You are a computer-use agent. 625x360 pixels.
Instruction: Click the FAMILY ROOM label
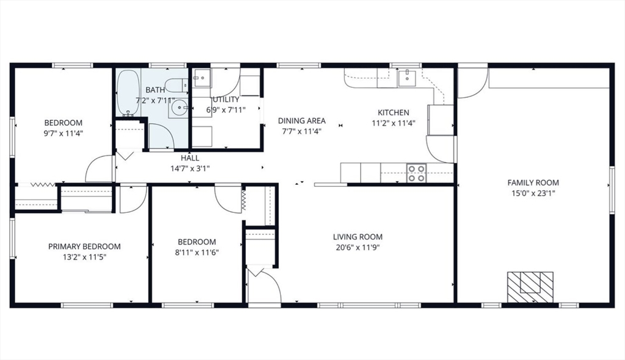point(533,182)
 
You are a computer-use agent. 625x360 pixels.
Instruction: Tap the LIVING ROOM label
point(358,237)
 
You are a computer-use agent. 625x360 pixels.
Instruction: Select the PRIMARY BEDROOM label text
point(84,247)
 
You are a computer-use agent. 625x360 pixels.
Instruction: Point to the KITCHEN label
point(394,112)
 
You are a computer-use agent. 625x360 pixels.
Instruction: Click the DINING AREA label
point(302,120)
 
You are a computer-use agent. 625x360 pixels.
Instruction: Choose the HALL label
point(190,158)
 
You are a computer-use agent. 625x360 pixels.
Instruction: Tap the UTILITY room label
point(226,99)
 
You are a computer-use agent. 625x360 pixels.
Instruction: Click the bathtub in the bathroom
point(128,93)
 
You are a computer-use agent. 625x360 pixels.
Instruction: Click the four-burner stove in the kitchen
point(416,173)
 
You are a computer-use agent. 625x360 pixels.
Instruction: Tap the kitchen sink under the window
point(406,77)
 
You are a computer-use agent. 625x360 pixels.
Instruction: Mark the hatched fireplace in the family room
point(530,287)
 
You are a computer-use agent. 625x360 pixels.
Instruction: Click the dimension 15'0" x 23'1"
point(533,193)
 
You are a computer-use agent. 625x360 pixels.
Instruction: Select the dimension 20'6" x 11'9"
point(358,248)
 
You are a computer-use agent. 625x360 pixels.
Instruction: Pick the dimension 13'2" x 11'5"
point(84,257)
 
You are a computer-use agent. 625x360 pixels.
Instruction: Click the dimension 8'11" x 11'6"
point(197,253)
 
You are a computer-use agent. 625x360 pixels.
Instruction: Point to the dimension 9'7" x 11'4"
point(63,134)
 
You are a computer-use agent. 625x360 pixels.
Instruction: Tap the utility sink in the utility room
point(201,77)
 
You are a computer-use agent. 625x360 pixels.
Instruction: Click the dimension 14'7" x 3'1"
point(190,168)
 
